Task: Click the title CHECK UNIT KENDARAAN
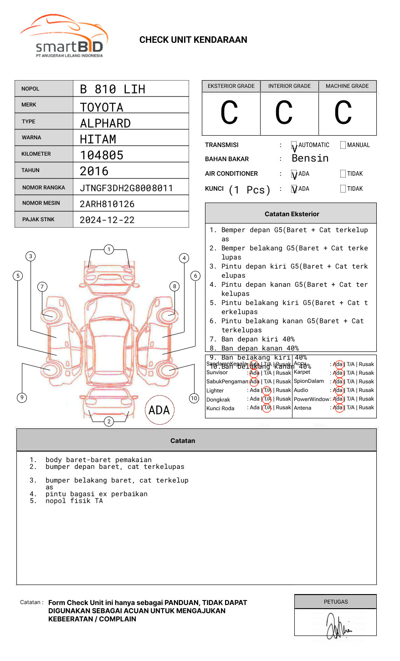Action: (x=193, y=40)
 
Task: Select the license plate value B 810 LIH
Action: (x=113, y=89)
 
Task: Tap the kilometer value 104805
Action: (x=102, y=155)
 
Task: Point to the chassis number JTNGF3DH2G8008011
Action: (x=126, y=188)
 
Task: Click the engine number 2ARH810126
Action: (x=107, y=204)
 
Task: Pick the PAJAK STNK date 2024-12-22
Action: (x=107, y=220)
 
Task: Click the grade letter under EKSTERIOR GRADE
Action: (x=229, y=113)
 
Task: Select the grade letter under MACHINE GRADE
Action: (x=343, y=113)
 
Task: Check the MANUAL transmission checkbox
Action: (x=343, y=145)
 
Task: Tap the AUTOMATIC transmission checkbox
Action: (x=294, y=145)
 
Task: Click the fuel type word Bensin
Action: (x=310, y=158)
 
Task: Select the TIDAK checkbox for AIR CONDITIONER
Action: (x=343, y=174)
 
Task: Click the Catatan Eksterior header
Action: (x=292, y=214)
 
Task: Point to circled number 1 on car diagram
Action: (x=108, y=249)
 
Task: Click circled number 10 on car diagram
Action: (x=194, y=398)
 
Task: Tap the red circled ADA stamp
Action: (x=159, y=410)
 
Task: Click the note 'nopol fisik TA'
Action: (x=74, y=501)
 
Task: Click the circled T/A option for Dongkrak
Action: (x=267, y=399)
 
